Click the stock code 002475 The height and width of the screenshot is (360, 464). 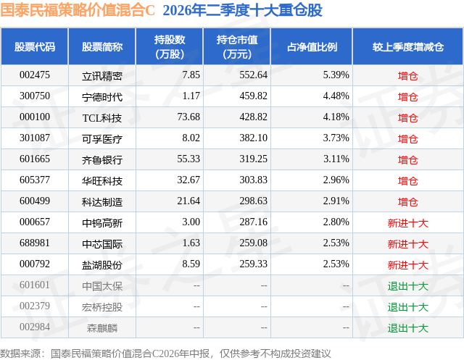[x=35, y=75]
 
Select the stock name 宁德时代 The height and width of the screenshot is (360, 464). [x=102, y=97]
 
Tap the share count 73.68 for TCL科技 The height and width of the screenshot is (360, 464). [x=188, y=117]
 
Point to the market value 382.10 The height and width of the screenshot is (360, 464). [x=253, y=138]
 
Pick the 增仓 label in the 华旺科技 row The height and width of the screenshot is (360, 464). [x=407, y=181]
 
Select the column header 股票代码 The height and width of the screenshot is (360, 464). [x=35, y=46]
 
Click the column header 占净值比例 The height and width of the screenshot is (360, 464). [x=312, y=46]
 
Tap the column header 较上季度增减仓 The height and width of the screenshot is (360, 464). [x=407, y=46]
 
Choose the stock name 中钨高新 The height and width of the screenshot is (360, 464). [x=102, y=223]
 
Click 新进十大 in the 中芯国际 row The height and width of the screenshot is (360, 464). [x=407, y=244]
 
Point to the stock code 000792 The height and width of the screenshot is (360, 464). [x=35, y=264]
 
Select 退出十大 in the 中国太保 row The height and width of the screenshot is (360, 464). [x=407, y=286]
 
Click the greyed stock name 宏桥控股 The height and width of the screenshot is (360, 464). [x=102, y=307]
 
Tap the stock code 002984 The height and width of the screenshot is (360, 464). [x=35, y=327]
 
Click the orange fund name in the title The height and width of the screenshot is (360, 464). [x=78, y=10]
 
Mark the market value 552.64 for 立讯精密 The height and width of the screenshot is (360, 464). [x=253, y=75]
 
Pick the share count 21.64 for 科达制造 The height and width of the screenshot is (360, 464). [x=188, y=201]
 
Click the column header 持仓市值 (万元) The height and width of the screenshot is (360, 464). [x=237, y=46]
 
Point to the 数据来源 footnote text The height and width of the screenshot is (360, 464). [x=165, y=353]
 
